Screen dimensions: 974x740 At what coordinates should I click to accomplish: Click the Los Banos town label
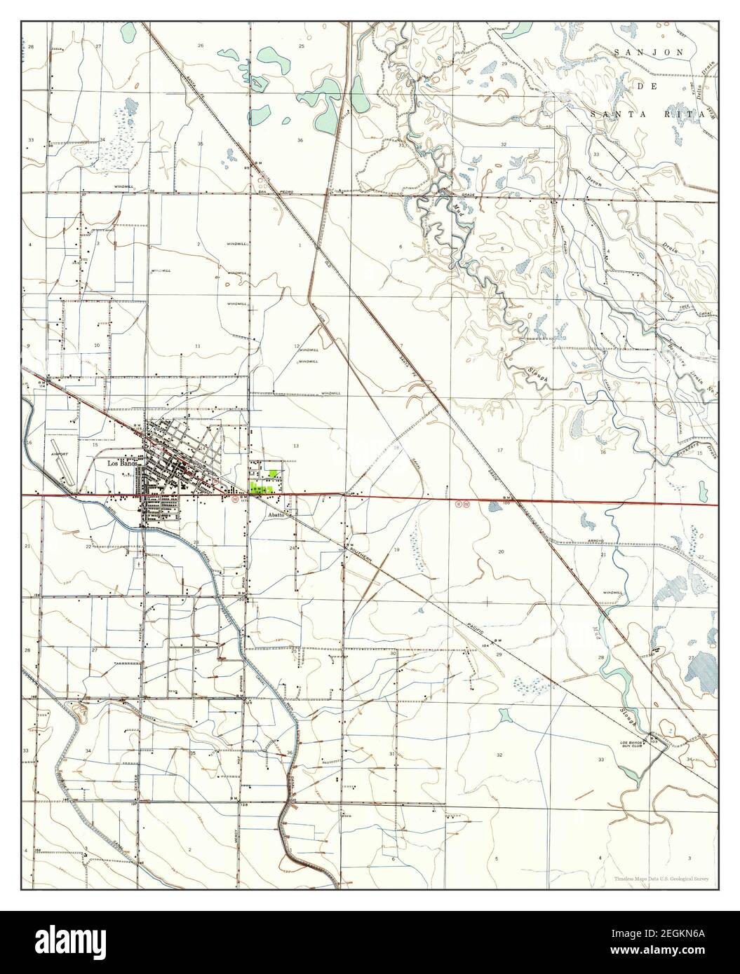[x=121, y=464]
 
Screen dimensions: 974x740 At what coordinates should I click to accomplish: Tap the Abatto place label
[x=274, y=514]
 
